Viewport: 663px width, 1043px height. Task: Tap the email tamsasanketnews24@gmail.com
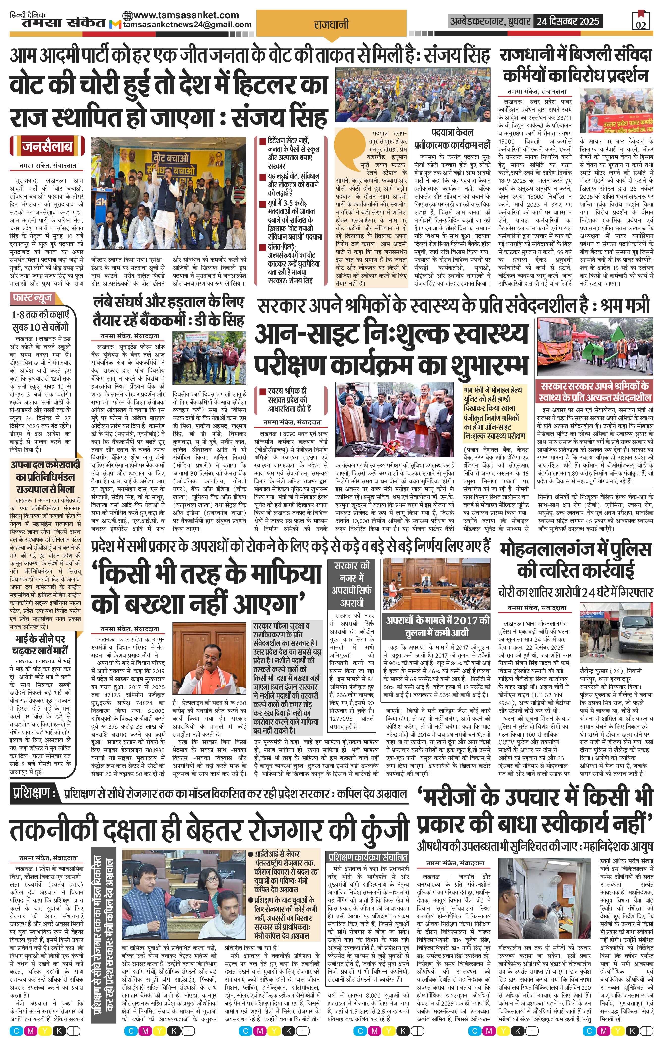pos(187,25)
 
